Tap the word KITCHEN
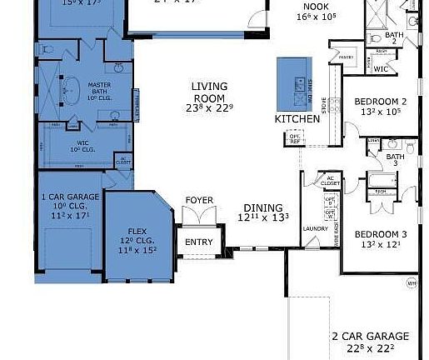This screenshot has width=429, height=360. point(297,120)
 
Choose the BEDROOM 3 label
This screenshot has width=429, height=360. point(380,233)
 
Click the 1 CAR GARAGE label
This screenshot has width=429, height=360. point(70,197)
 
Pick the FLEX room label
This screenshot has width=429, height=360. point(137,230)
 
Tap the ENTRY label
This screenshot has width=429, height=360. point(198,243)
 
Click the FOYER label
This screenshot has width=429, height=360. point(198,201)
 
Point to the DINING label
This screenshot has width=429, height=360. point(263,207)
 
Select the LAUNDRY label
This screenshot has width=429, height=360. point(315,227)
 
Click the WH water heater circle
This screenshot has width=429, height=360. point(411,283)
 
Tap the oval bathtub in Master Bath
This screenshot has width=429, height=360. point(72,87)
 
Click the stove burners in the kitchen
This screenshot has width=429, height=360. point(334,106)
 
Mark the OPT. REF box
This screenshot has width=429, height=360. point(294,138)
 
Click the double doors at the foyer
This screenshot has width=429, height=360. point(199,218)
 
